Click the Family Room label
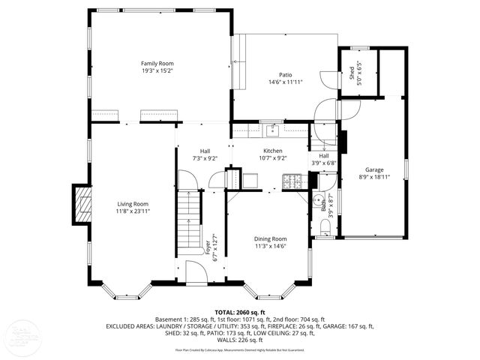[x=157, y=63]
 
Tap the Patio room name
[x=285, y=74]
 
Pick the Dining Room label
[x=270, y=238]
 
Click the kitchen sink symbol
[x=272, y=132]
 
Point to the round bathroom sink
[x=317, y=199]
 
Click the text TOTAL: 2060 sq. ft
[x=240, y=311]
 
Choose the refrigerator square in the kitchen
[x=250, y=180]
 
